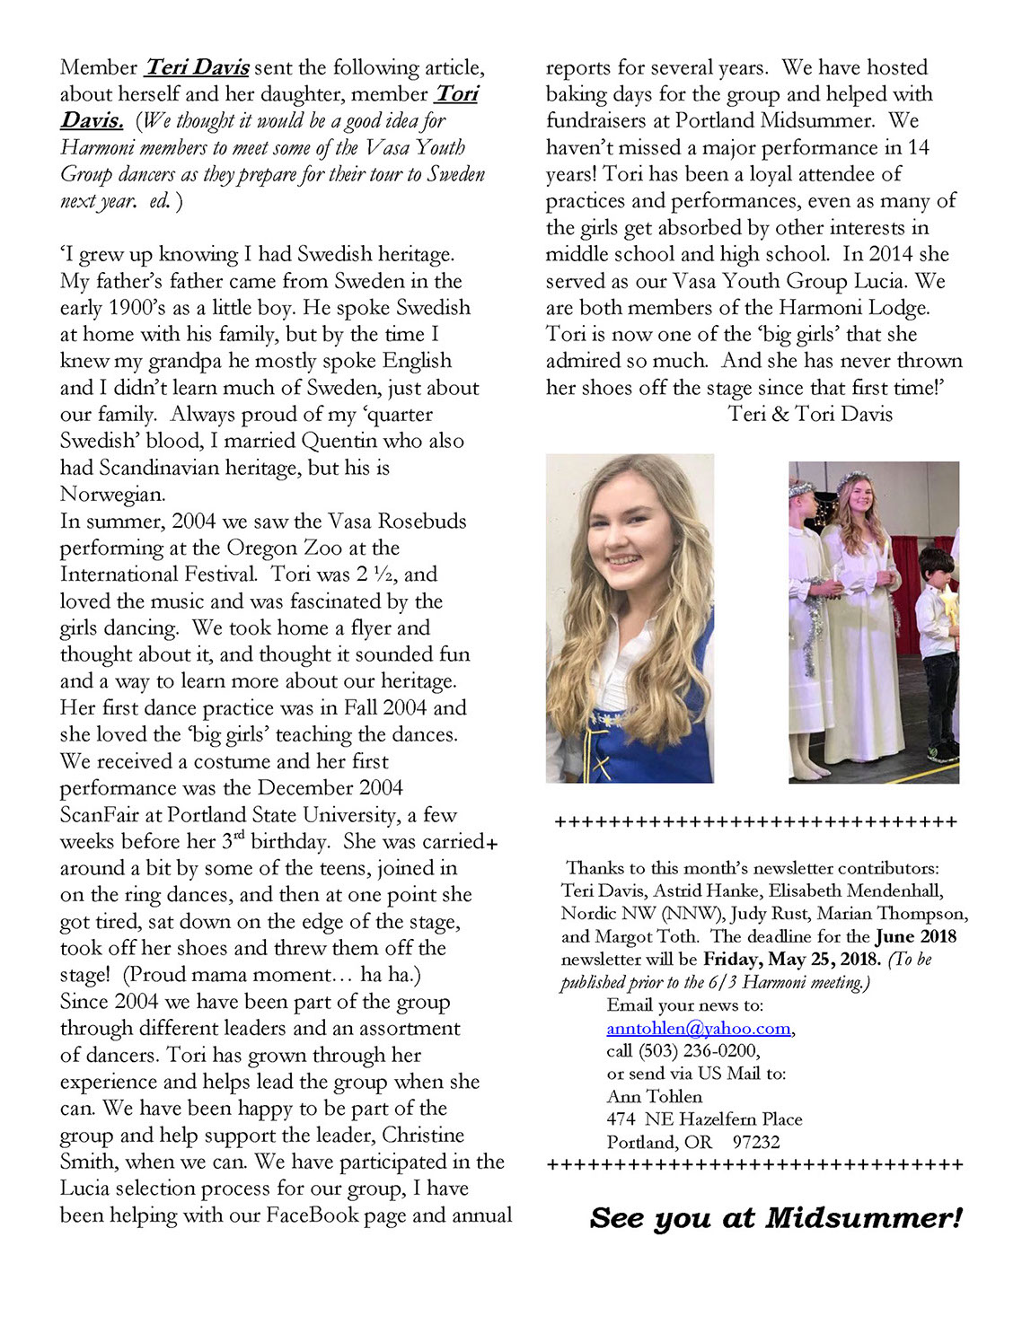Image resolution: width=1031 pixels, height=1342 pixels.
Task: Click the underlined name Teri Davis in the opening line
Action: [197, 67]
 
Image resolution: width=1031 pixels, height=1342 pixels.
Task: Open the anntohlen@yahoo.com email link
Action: [699, 1028]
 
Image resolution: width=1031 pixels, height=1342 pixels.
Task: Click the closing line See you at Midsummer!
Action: [776, 1218]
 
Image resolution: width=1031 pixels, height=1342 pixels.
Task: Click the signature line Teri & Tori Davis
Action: [810, 414]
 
